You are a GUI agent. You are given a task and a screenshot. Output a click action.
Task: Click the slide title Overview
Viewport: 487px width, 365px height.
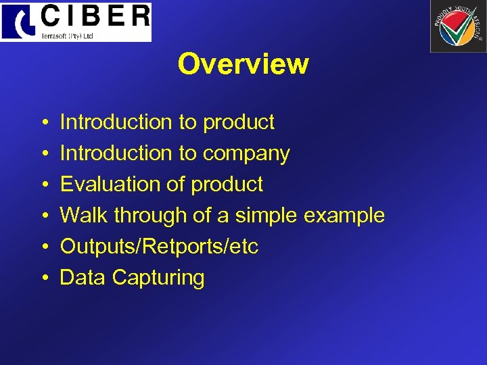[x=243, y=64]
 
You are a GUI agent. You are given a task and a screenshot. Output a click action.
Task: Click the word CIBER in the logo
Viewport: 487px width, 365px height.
[x=95, y=16]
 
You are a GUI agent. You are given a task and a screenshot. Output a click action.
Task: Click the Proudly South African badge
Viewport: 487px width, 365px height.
[x=457, y=26]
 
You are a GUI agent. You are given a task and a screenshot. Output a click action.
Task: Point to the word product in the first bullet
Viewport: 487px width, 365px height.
[x=238, y=122]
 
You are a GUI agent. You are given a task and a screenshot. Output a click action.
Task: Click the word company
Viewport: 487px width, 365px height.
[x=246, y=153]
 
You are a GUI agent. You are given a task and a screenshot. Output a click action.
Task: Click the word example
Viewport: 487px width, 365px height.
[x=344, y=216]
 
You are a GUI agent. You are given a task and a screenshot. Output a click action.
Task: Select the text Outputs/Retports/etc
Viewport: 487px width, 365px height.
[x=159, y=247]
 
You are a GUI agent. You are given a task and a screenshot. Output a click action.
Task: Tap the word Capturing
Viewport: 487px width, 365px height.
[x=158, y=278]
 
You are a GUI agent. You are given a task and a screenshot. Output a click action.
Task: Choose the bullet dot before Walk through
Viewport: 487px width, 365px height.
[x=43, y=216]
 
